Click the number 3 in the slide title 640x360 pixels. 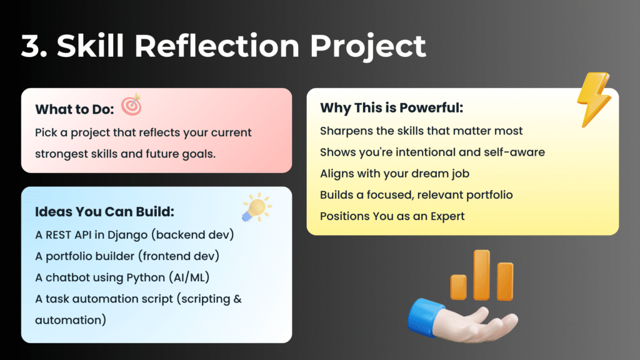[32, 46]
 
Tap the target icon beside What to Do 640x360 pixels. [131, 104]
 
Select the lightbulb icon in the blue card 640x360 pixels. [256, 207]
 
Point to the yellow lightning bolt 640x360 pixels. [594, 99]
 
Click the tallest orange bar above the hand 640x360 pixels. [482, 275]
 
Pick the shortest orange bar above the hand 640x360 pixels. [458, 287]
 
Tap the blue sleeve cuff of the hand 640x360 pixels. [424, 316]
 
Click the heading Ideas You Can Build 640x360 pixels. [104, 212]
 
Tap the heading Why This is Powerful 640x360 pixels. [391, 107]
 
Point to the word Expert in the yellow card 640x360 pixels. [447, 216]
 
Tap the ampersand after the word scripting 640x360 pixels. [237, 299]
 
